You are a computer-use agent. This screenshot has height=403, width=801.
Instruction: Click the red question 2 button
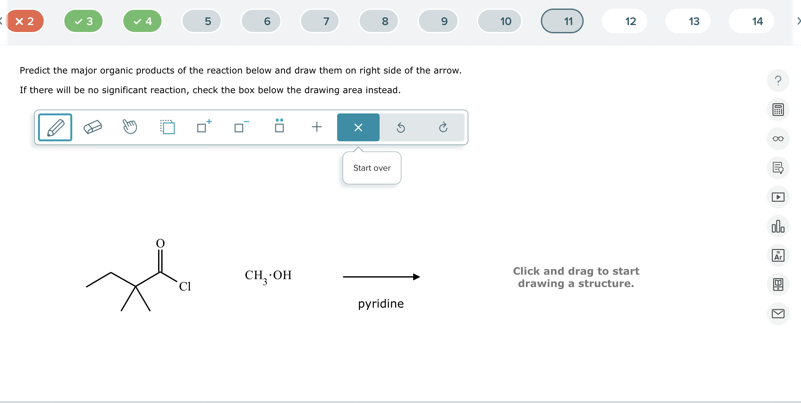point(25,21)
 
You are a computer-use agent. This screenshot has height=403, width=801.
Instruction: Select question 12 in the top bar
point(630,21)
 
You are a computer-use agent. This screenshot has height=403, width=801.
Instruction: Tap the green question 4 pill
point(143,21)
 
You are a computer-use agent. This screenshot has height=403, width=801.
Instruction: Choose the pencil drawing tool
point(55,127)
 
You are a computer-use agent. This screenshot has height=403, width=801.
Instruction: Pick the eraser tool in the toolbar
point(93,127)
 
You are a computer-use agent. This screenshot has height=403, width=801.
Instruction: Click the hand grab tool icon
point(130,127)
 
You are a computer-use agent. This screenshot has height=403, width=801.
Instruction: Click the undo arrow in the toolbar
point(401,127)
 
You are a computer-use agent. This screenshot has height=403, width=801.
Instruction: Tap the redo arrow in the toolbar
point(443,127)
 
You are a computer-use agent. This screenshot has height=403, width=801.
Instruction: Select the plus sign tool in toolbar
point(317,127)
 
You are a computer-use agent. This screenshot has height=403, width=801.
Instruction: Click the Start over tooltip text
point(372,168)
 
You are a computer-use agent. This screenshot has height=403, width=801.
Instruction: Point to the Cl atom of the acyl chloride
point(185,286)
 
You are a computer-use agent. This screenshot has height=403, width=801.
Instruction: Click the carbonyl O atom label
point(160,243)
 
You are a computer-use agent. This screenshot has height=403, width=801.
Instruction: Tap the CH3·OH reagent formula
point(268,276)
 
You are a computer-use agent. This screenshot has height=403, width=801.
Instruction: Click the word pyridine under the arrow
point(381,304)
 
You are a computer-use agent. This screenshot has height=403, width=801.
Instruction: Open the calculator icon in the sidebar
point(778,110)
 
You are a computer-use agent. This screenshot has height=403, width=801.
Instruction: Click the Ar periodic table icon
point(778,255)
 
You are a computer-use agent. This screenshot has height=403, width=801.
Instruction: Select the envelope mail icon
point(778,314)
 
